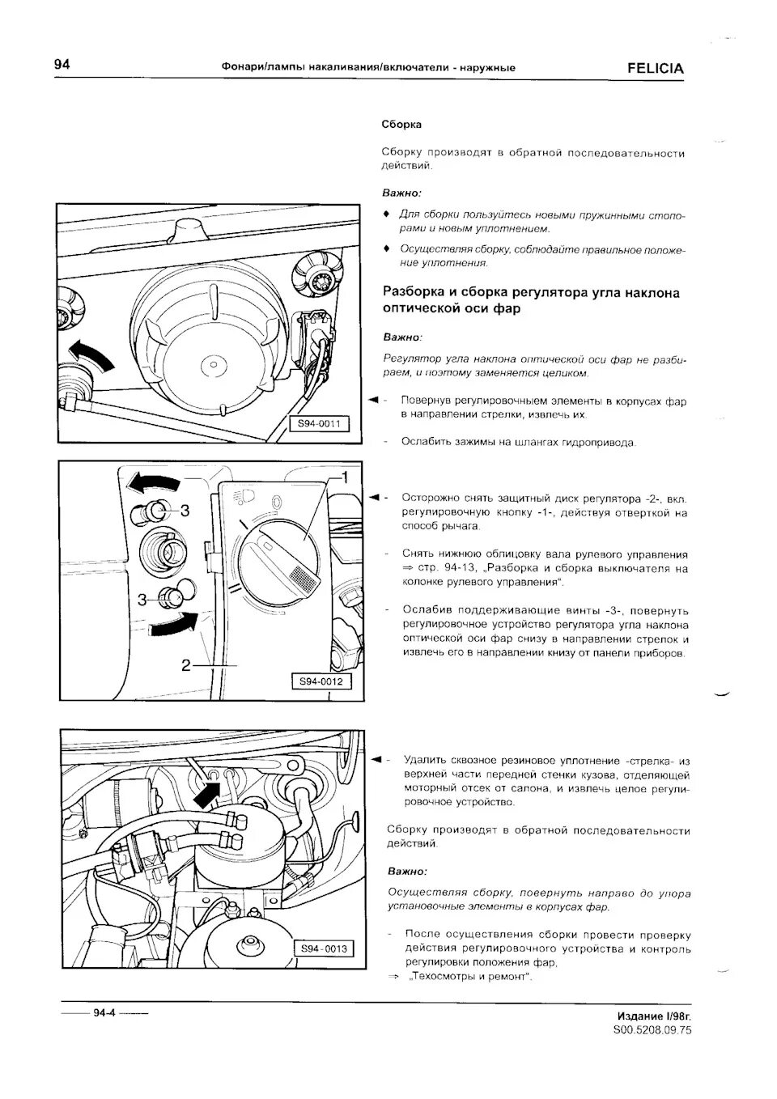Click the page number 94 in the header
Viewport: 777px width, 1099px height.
(62, 65)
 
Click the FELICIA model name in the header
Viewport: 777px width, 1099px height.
(655, 69)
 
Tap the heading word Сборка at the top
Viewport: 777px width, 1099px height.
(401, 125)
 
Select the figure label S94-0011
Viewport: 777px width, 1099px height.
(319, 423)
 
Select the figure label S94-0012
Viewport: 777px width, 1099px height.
(321, 681)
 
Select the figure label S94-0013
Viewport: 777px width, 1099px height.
(324, 948)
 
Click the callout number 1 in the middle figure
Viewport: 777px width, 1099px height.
(344, 477)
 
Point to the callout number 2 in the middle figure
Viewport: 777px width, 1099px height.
(186, 665)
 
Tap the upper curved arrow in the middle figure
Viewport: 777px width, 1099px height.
(155, 484)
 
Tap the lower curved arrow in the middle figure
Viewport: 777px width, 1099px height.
(174, 625)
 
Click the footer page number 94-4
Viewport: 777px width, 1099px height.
(105, 1012)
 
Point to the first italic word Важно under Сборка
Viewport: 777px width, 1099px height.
(401, 193)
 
